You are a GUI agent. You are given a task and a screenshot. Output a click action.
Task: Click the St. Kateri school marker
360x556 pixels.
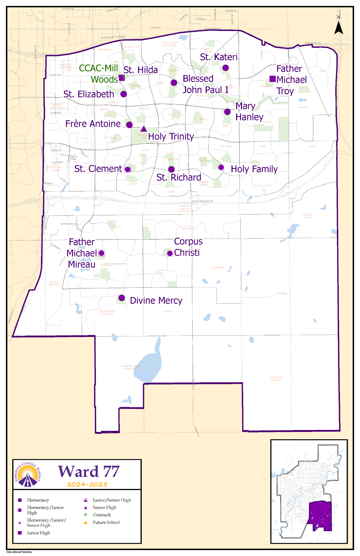(x=226, y=68)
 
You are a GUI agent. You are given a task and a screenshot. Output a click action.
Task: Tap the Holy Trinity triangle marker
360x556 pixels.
(x=143, y=129)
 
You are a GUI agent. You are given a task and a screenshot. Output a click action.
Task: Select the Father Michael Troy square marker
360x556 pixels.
(x=272, y=79)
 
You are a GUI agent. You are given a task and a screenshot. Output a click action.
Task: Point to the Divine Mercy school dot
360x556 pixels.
(x=122, y=298)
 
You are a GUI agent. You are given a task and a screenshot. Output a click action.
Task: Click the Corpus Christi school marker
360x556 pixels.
(x=170, y=253)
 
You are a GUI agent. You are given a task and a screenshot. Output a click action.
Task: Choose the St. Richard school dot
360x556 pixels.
(x=171, y=169)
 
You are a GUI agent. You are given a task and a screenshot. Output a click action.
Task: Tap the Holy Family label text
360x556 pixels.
(x=254, y=169)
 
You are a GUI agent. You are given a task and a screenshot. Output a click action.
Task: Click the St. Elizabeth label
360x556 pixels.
(x=89, y=94)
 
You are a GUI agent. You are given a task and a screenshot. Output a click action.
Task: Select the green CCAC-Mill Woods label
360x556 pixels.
(x=99, y=74)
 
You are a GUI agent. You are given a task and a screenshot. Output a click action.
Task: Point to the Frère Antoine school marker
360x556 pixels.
(x=129, y=125)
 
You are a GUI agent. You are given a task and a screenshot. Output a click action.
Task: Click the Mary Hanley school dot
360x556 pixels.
(x=227, y=112)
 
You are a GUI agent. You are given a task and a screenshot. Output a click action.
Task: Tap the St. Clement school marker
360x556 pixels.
(x=127, y=169)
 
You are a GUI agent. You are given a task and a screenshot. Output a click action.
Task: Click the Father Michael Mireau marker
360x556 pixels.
(x=101, y=253)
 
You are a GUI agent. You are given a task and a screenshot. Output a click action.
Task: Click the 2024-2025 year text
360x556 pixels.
(x=87, y=485)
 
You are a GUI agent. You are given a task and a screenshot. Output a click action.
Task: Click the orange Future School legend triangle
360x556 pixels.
(x=86, y=522)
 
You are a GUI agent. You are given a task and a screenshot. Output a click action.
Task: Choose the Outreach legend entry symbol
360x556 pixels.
(x=86, y=515)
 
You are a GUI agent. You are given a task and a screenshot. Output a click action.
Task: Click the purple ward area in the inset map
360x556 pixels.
(x=321, y=514)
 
